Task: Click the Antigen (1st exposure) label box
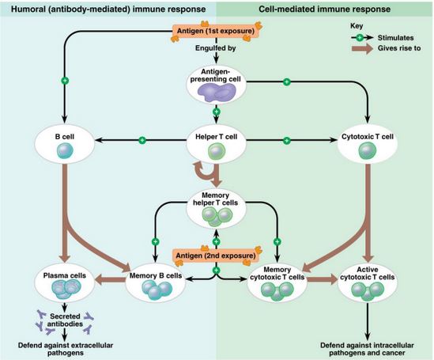[216, 31]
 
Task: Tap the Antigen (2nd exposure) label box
[216, 256]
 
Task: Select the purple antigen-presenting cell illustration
[217, 93]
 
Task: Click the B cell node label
[65, 137]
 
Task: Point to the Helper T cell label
[216, 137]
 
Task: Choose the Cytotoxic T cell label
[368, 137]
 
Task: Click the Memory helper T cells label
[215, 199]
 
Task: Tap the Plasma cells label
[65, 275]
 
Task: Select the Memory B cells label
[156, 276]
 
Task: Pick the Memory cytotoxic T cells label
[277, 273]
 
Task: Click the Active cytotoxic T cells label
[368, 273]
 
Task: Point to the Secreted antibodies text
[65, 320]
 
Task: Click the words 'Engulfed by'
[216, 48]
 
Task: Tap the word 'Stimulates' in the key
[395, 38]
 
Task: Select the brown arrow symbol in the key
[362, 49]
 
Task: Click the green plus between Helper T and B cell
[142, 140]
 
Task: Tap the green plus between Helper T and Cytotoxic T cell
[287, 140]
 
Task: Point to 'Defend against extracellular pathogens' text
[66, 349]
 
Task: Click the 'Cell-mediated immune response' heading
[324, 9]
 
